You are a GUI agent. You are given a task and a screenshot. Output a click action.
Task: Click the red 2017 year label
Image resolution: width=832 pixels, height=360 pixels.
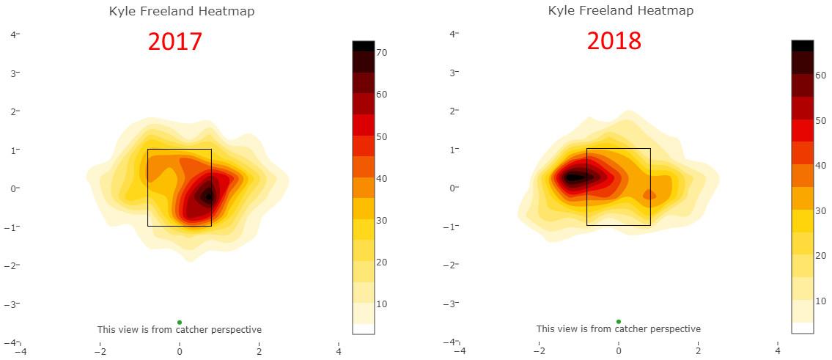click(174, 42)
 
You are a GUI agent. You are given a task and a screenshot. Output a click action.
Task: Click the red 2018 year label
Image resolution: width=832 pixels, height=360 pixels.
click(614, 41)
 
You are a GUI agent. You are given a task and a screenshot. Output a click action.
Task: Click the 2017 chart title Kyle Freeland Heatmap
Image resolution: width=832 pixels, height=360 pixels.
click(182, 12)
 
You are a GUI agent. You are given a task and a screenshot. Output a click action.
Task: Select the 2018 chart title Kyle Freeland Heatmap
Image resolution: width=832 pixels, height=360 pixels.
click(620, 11)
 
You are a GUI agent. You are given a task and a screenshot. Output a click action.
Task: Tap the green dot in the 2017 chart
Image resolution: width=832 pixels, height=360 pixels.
click(180, 322)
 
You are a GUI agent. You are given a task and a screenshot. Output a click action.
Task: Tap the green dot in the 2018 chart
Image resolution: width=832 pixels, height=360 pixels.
click(619, 321)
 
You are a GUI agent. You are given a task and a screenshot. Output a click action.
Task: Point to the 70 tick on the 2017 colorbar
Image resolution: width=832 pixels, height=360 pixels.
click(381, 53)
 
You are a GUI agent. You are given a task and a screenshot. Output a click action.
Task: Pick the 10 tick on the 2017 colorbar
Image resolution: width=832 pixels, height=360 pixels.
click(381, 304)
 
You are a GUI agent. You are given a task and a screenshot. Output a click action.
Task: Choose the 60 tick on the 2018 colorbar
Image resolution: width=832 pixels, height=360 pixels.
click(820, 75)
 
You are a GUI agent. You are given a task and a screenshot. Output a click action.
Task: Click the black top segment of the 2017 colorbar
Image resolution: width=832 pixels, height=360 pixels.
click(364, 45)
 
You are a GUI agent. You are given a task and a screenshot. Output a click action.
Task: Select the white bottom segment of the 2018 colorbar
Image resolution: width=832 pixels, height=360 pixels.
click(802, 328)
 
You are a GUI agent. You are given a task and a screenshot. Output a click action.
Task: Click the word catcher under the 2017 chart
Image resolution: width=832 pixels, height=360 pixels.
click(192, 330)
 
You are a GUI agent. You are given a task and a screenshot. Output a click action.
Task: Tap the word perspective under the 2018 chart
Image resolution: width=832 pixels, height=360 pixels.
click(675, 329)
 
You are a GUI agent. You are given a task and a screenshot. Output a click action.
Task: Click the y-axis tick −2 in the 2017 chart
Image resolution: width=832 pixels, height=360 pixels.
click(13, 265)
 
